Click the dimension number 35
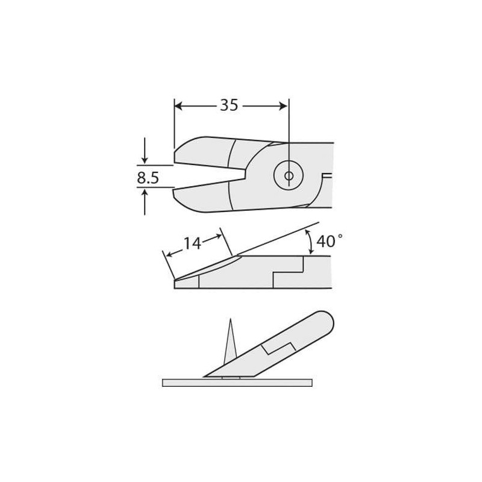point(229,105)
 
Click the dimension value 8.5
point(148,178)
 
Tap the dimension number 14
point(192,243)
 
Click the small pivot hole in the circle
point(289,176)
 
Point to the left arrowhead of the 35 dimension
point(178,107)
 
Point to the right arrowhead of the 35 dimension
point(283,107)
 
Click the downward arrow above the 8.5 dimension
point(145,150)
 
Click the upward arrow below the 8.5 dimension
point(145,202)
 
